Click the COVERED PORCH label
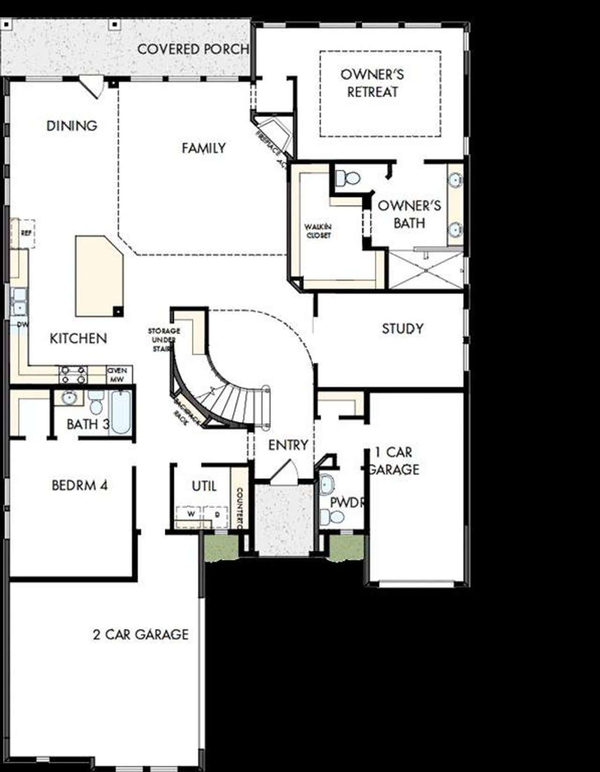click(193, 49)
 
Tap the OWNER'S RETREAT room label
click(372, 83)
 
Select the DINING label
click(72, 126)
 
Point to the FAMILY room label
click(203, 148)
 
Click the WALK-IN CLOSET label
click(319, 231)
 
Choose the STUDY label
click(402, 329)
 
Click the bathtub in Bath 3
click(121, 412)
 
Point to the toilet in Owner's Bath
click(347, 178)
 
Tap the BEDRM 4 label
click(79, 485)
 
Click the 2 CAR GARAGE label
click(141, 635)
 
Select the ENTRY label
click(288, 445)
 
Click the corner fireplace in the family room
click(274, 134)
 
